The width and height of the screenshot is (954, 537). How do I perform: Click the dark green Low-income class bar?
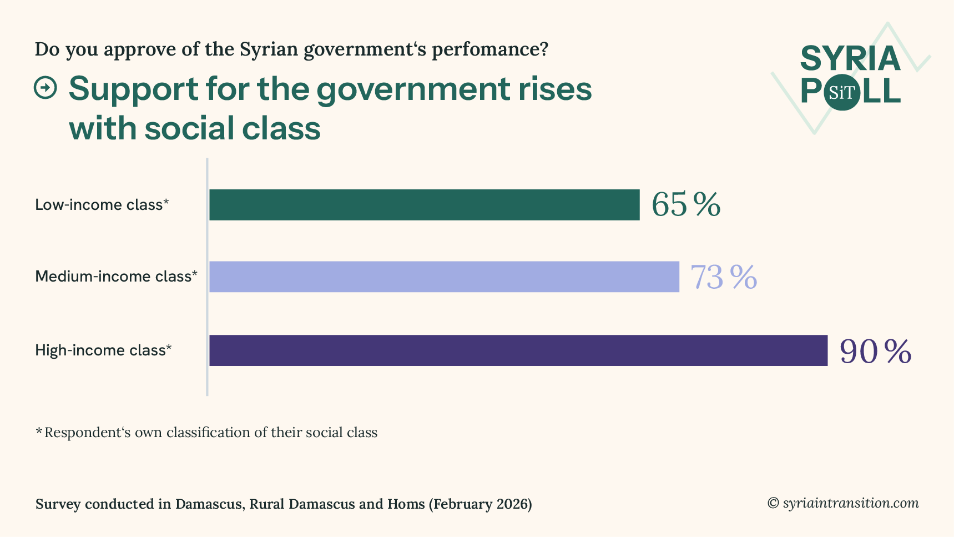[424, 205]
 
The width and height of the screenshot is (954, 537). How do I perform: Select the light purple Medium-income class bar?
[444, 277]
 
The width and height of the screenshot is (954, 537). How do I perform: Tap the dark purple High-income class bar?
[518, 350]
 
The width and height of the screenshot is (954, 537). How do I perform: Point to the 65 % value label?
[685, 204]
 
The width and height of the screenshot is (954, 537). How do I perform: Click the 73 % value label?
[723, 277]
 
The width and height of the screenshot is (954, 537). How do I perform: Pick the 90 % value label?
[875, 351]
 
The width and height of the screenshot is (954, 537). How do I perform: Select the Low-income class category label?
[102, 205]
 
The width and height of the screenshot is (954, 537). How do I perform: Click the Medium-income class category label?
[116, 276]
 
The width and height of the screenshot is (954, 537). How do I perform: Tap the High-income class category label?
[103, 350]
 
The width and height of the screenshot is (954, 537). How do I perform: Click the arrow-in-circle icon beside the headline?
[46, 88]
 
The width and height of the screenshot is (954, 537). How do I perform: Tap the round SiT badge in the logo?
[842, 92]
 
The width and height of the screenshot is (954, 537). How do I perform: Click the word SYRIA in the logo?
[850, 59]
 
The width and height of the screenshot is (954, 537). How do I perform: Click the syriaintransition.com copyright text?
[843, 503]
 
